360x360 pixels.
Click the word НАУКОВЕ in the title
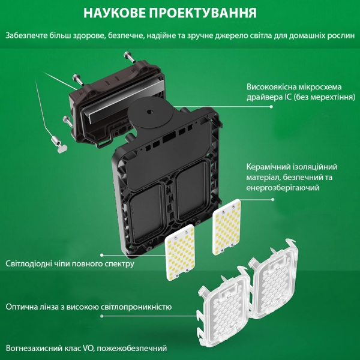click(x=115, y=13)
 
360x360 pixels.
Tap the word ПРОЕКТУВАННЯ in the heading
click(x=203, y=13)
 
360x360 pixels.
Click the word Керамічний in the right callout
click(x=268, y=167)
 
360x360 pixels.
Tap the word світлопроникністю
click(x=136, y=307)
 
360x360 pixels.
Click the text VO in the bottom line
click(x=88, y=348)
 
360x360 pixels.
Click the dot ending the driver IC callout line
click(x=271, y=107)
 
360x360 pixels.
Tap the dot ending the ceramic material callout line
click(x=273, y=200)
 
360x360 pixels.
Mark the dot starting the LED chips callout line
click(x=102, y=255)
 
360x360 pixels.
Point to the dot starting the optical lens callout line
click(x=102, y=316)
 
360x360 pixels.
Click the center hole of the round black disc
click(x=150, y=112)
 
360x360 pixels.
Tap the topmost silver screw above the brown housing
click(x=129, y=57)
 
